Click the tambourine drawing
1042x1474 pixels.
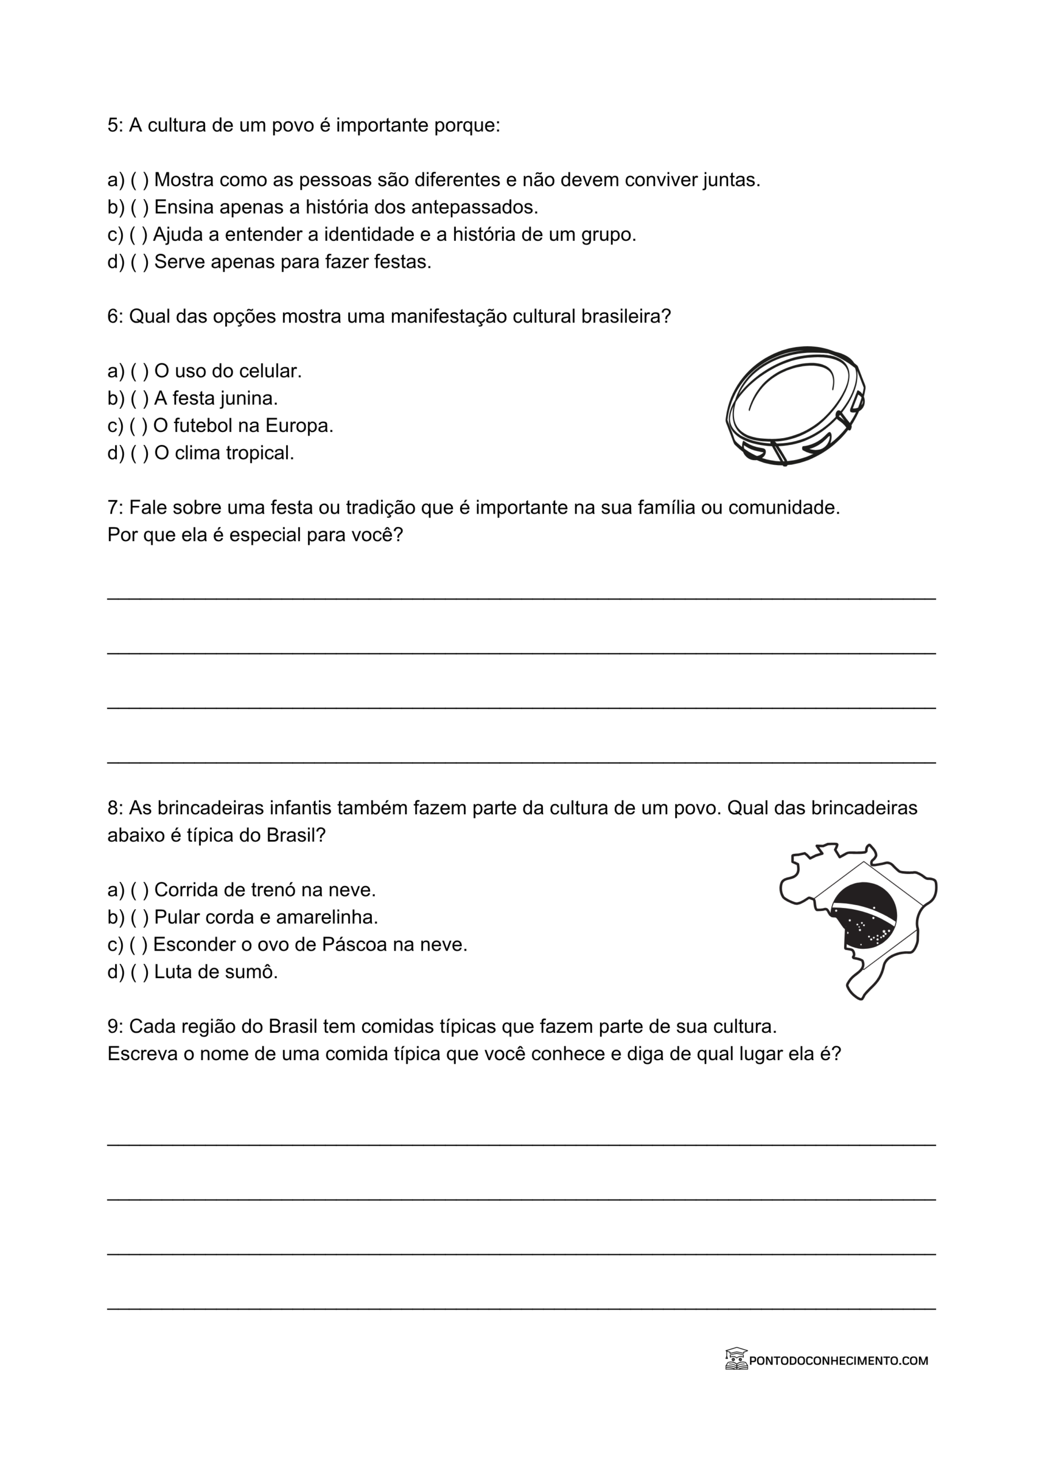pos(795,405)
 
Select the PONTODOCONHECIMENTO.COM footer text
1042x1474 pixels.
pos(838,1361)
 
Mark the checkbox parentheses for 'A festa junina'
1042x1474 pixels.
pos(139,398)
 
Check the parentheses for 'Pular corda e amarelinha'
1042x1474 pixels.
pos(139,917)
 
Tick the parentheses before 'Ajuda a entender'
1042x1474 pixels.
pos(138,235)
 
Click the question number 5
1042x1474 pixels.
pos(113,125)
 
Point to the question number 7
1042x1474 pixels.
pos(113,508)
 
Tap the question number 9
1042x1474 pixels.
pos(113,1027)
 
